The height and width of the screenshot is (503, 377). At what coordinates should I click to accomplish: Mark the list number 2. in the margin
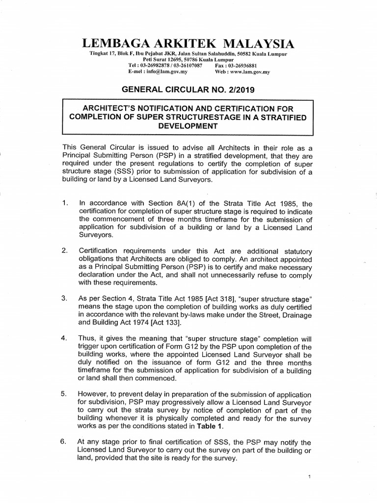(x=64, y=251)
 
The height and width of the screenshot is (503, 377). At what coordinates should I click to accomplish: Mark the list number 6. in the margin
(x=64, y=441)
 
